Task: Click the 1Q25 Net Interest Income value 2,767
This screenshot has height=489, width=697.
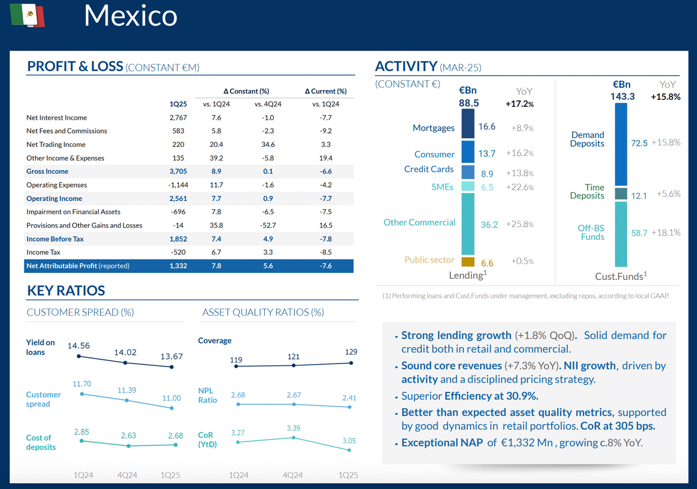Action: click(x=178, y=118)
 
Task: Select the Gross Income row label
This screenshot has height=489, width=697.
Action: click(x=47, y=171)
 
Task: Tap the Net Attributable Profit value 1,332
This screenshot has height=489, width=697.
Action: click(x=178, y=266)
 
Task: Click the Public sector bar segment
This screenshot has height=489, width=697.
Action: click(x=468, y=263)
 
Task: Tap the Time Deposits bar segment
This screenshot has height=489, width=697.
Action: click(x=620, y=193)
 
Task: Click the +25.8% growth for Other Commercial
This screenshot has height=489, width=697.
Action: click(x=519, y=224)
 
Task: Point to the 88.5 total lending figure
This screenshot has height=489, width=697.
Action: click(x=469, y=103)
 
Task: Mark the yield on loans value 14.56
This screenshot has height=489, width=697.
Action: click(x=79, y=345)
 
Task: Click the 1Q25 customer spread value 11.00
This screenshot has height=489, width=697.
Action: click(x=171, y=398)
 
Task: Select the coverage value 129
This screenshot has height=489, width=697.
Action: click(x=350, y=352)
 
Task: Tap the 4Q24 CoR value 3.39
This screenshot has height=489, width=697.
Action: click(x=293, y=428)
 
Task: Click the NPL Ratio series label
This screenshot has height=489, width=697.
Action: click(x=207, y=395)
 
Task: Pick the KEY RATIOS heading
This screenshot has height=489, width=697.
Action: click(x=66, y=291)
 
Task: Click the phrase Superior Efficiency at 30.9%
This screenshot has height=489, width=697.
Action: click(x=470, y=397)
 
